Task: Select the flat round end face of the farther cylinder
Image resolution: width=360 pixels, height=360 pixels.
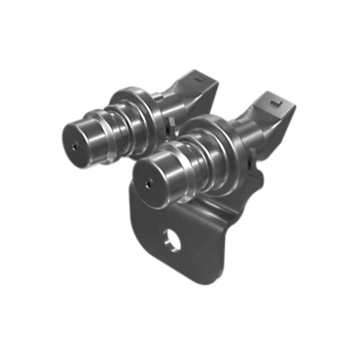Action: click(77, 137)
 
